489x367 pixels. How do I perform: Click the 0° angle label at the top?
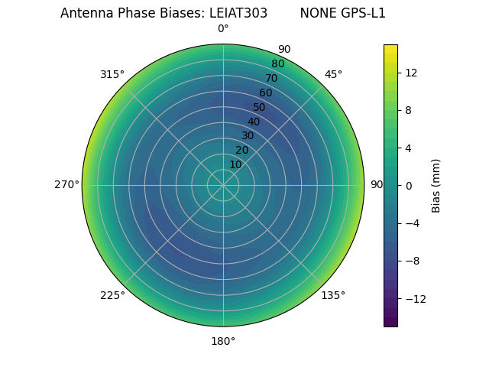point(223,29)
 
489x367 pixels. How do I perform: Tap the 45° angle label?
point(333,74)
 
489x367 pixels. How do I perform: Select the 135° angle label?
point(333,295)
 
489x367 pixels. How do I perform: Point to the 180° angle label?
point(223,341)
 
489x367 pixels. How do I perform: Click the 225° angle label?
point(112,295)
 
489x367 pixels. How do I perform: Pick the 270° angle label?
point(66,184)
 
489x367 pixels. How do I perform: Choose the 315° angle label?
point(112,74)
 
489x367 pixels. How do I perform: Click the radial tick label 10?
point(235,164)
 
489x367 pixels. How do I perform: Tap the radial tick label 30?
point(248,135)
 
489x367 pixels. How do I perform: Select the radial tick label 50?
point(260,107)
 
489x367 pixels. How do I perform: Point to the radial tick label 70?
point(272,78)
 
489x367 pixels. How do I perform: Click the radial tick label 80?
point(277,64)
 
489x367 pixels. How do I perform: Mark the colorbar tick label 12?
point(410,73)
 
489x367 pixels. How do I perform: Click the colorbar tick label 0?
point(409,185)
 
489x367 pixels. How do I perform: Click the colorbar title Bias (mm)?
point(436,185)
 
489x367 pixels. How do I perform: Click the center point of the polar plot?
point(223,185)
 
